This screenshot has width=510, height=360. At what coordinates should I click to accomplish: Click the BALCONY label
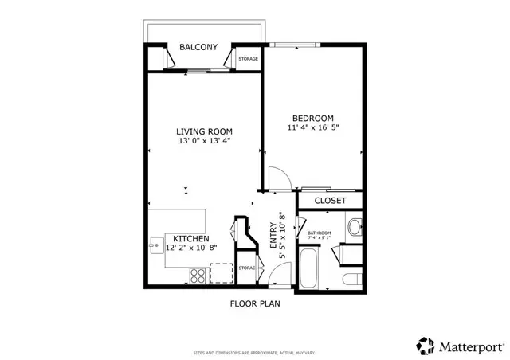198,48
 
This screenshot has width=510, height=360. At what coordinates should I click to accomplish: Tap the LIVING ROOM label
204,131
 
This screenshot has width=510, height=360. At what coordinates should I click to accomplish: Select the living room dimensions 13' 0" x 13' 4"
204,142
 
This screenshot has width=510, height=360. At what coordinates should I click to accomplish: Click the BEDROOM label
312,117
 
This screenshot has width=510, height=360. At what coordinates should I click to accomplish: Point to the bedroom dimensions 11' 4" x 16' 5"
312,127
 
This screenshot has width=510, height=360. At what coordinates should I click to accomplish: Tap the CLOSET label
330,201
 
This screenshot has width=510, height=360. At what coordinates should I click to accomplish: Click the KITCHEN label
191,238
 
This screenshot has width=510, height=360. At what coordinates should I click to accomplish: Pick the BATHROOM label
319,233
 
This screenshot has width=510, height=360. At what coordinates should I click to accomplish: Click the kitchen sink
155,242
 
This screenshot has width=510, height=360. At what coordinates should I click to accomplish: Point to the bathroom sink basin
355,228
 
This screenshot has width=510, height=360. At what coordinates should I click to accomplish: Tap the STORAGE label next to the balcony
248,59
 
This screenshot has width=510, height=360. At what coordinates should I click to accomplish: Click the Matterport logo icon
424,346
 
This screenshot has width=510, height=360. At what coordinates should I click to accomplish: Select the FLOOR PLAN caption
255,303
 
